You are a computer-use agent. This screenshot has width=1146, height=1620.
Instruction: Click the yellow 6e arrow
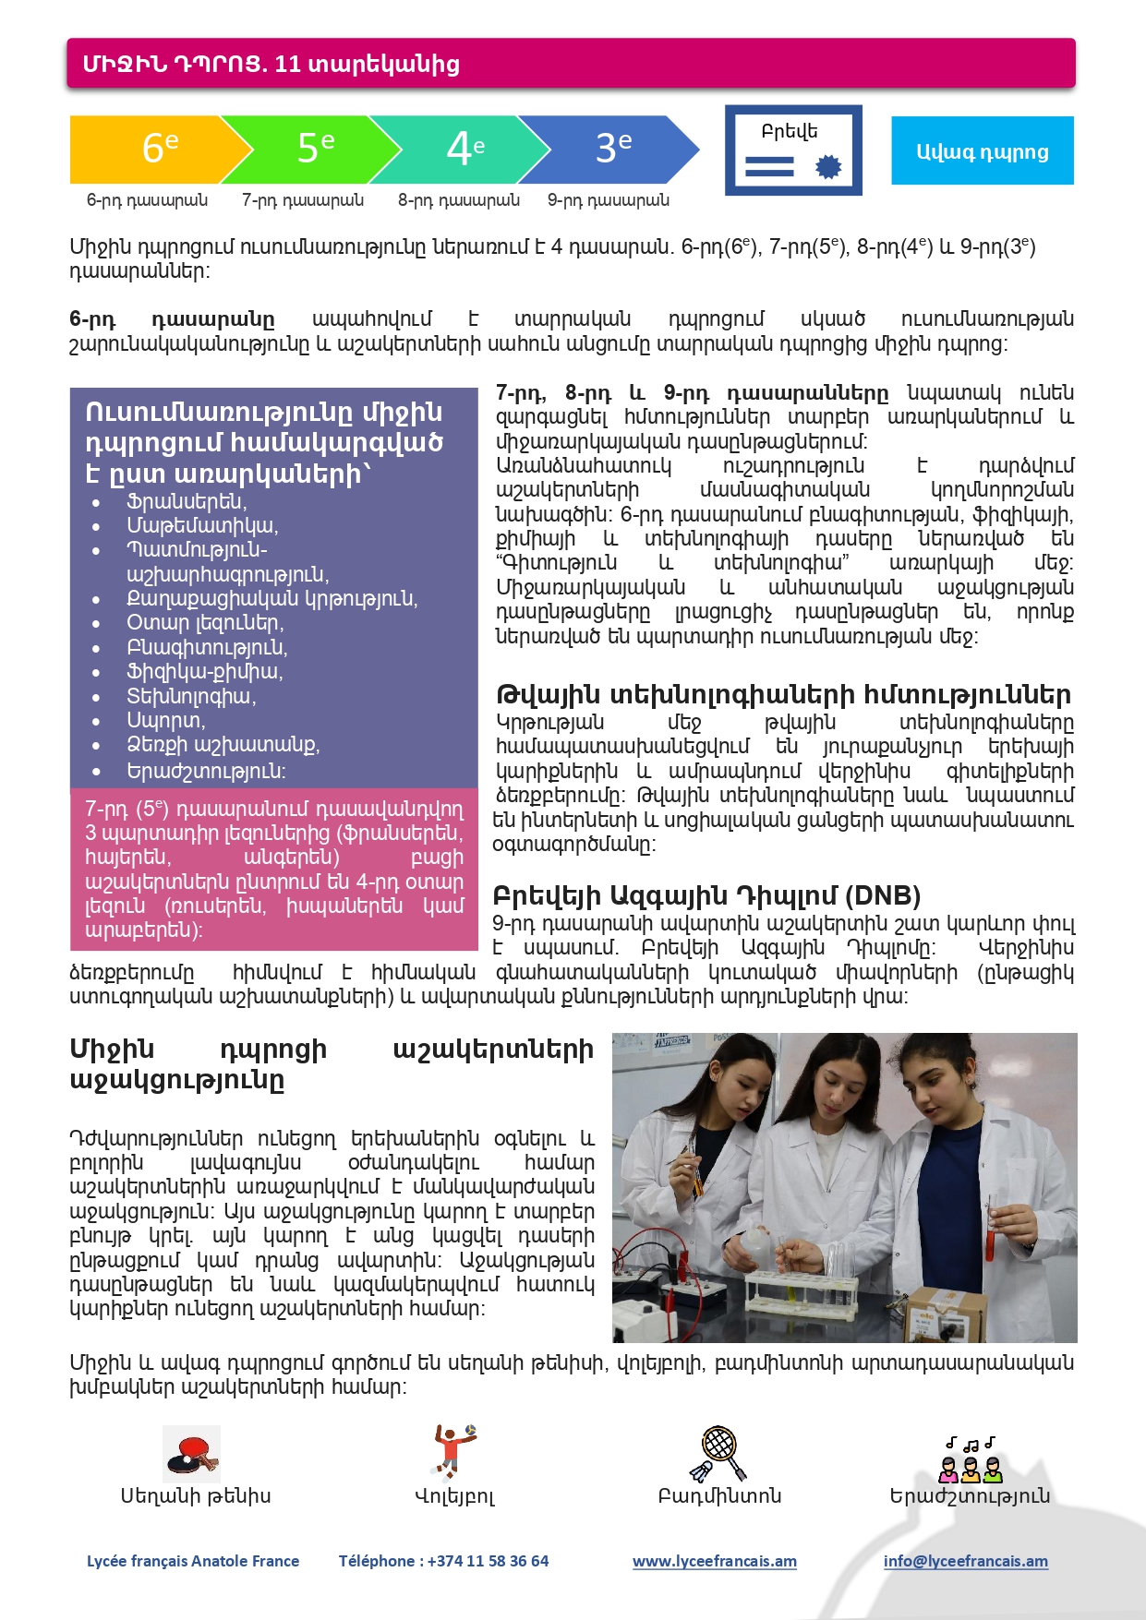[x=152, y=149]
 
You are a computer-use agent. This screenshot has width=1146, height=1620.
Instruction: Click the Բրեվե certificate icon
[x=793, y=150]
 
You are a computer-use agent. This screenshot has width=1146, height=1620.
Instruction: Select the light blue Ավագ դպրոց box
[x=982, y=151]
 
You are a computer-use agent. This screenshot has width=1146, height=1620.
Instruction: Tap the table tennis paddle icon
[x=192, y=1454]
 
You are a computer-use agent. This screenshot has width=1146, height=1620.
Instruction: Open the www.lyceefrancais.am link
[x=714, y=1561]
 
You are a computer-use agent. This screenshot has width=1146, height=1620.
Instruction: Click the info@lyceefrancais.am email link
[x=965, y=1561]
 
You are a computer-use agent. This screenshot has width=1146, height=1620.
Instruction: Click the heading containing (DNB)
[x=706, y=895]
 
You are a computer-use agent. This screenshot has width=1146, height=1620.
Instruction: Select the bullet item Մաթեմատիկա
[x=202, y=525]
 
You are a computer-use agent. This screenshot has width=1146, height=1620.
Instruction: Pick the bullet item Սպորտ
[x=166, y=720]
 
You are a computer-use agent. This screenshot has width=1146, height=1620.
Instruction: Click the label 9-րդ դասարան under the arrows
[x=608, y=200]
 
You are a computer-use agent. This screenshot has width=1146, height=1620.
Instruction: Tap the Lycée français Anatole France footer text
[x=193, y=1561]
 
